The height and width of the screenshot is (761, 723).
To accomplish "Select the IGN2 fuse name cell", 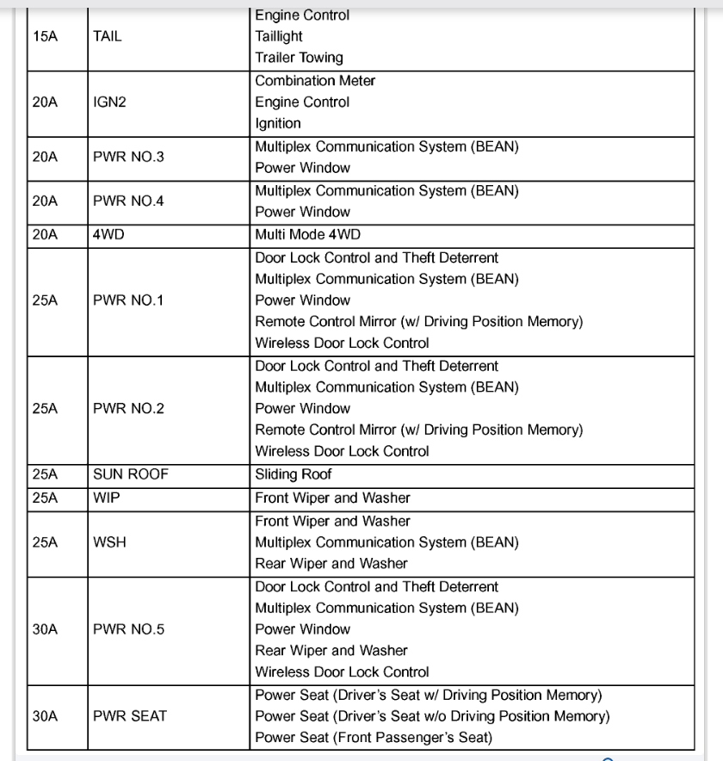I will (109, 102).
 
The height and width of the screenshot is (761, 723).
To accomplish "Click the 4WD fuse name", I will (108, 234).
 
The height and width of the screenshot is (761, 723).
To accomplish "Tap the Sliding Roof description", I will (294, 474).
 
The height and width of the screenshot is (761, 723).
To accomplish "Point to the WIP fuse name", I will (104, 498).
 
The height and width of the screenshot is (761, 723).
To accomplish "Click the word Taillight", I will (279, 37).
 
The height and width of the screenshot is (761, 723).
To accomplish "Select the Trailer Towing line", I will (299, 59).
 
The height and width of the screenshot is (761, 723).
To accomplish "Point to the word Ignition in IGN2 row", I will (278, 124).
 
